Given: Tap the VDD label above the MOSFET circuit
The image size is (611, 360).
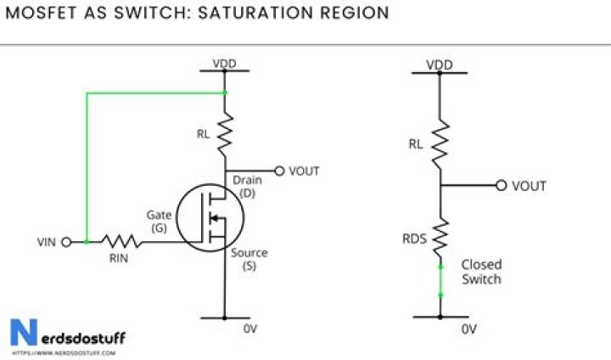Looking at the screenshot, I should (225, 64).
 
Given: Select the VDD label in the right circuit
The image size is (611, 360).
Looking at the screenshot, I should (440, 65).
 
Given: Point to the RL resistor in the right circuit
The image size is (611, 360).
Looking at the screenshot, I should (440, 142).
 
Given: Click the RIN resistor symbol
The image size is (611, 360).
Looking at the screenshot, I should (119, 242).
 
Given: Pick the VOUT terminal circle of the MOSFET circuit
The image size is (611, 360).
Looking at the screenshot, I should (279, 171).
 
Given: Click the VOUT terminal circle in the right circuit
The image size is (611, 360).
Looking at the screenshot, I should (502, 186).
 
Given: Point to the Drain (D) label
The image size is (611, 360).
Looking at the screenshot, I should (247, 187).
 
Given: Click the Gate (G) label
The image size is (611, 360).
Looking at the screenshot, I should (160, 222).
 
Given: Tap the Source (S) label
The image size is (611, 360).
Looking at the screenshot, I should (249, 260).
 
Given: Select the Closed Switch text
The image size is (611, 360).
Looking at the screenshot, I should (480, 272).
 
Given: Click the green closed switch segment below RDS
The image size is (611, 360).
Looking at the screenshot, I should (440, 280).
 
